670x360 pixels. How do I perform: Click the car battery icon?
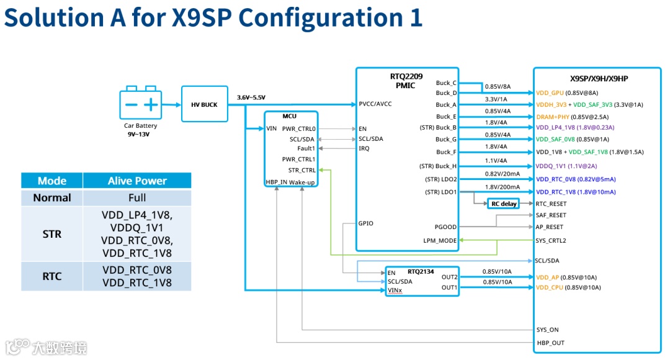pyautogui.click(x=140, y=104)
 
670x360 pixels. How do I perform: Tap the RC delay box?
pyautogui.click(x=504, y=204)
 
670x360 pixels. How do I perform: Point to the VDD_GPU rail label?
pyautogui.click(x=550, y=92)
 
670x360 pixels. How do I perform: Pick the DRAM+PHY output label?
pyautogui.click(x=552, y=116)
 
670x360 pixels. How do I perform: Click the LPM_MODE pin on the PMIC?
pyautogui.click(x=440, y=240)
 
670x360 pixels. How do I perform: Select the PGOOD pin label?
pyautogui.click(x=445, y=227)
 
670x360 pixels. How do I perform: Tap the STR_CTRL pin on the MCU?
pyautogui.click(x=301, y=169)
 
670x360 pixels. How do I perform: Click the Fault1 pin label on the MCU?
pyautogui.click(x=306, y=148)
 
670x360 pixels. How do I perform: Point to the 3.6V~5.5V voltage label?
pyautogui.click(x=251, y=97)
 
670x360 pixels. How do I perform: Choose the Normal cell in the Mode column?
pyautogui.click(x=52, y=198)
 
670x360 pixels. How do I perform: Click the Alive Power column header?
pyautogui.click(x=137, y=181)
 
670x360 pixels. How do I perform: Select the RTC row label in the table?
pyautogui.click(x=52, y=276)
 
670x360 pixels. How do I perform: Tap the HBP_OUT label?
pyautogui.click(x=550, y=343)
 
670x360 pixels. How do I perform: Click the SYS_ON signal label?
pyautogui.click(x=547, y=330)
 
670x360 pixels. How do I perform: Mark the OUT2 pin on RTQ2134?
pyautogui.click(x=449, y=277)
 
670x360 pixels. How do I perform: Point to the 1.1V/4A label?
pyautogui.click(x=496, y=161)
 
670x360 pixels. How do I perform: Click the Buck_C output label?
pyautogui.click(x=446, y=83)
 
